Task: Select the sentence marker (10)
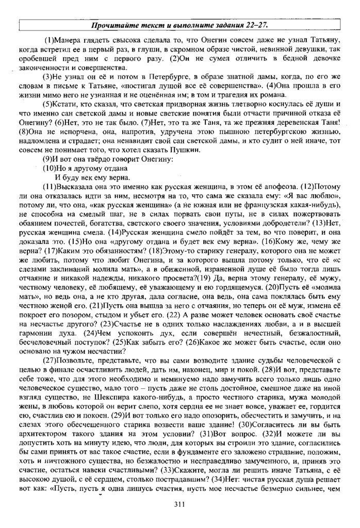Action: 50,168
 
